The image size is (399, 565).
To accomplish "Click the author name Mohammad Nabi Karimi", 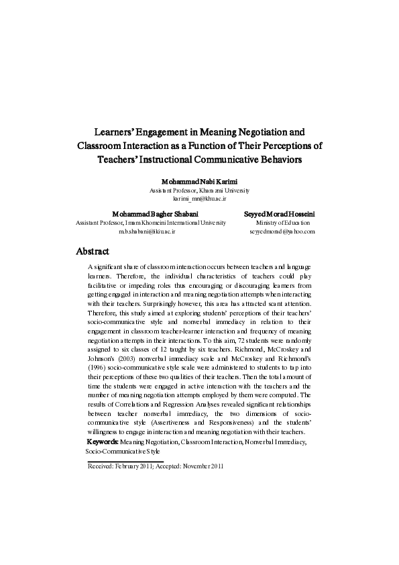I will pyautogui.click(x=199, y=181).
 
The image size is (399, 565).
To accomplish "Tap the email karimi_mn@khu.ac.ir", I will pyautogui.click(x=199, y=199).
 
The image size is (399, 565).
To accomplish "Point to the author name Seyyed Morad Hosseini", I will pyautogui.click(x=282, y=213).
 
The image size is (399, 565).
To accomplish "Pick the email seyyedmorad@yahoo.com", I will pyautogui.click(x=282, y=231).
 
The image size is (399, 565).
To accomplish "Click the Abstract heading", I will pyautogui.click(x=93, y=252).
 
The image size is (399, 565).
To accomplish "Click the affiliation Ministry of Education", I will pyautogui.click(x=282, y=222).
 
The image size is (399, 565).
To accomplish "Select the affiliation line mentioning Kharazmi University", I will pyautogui.click(x=199, y=190).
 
